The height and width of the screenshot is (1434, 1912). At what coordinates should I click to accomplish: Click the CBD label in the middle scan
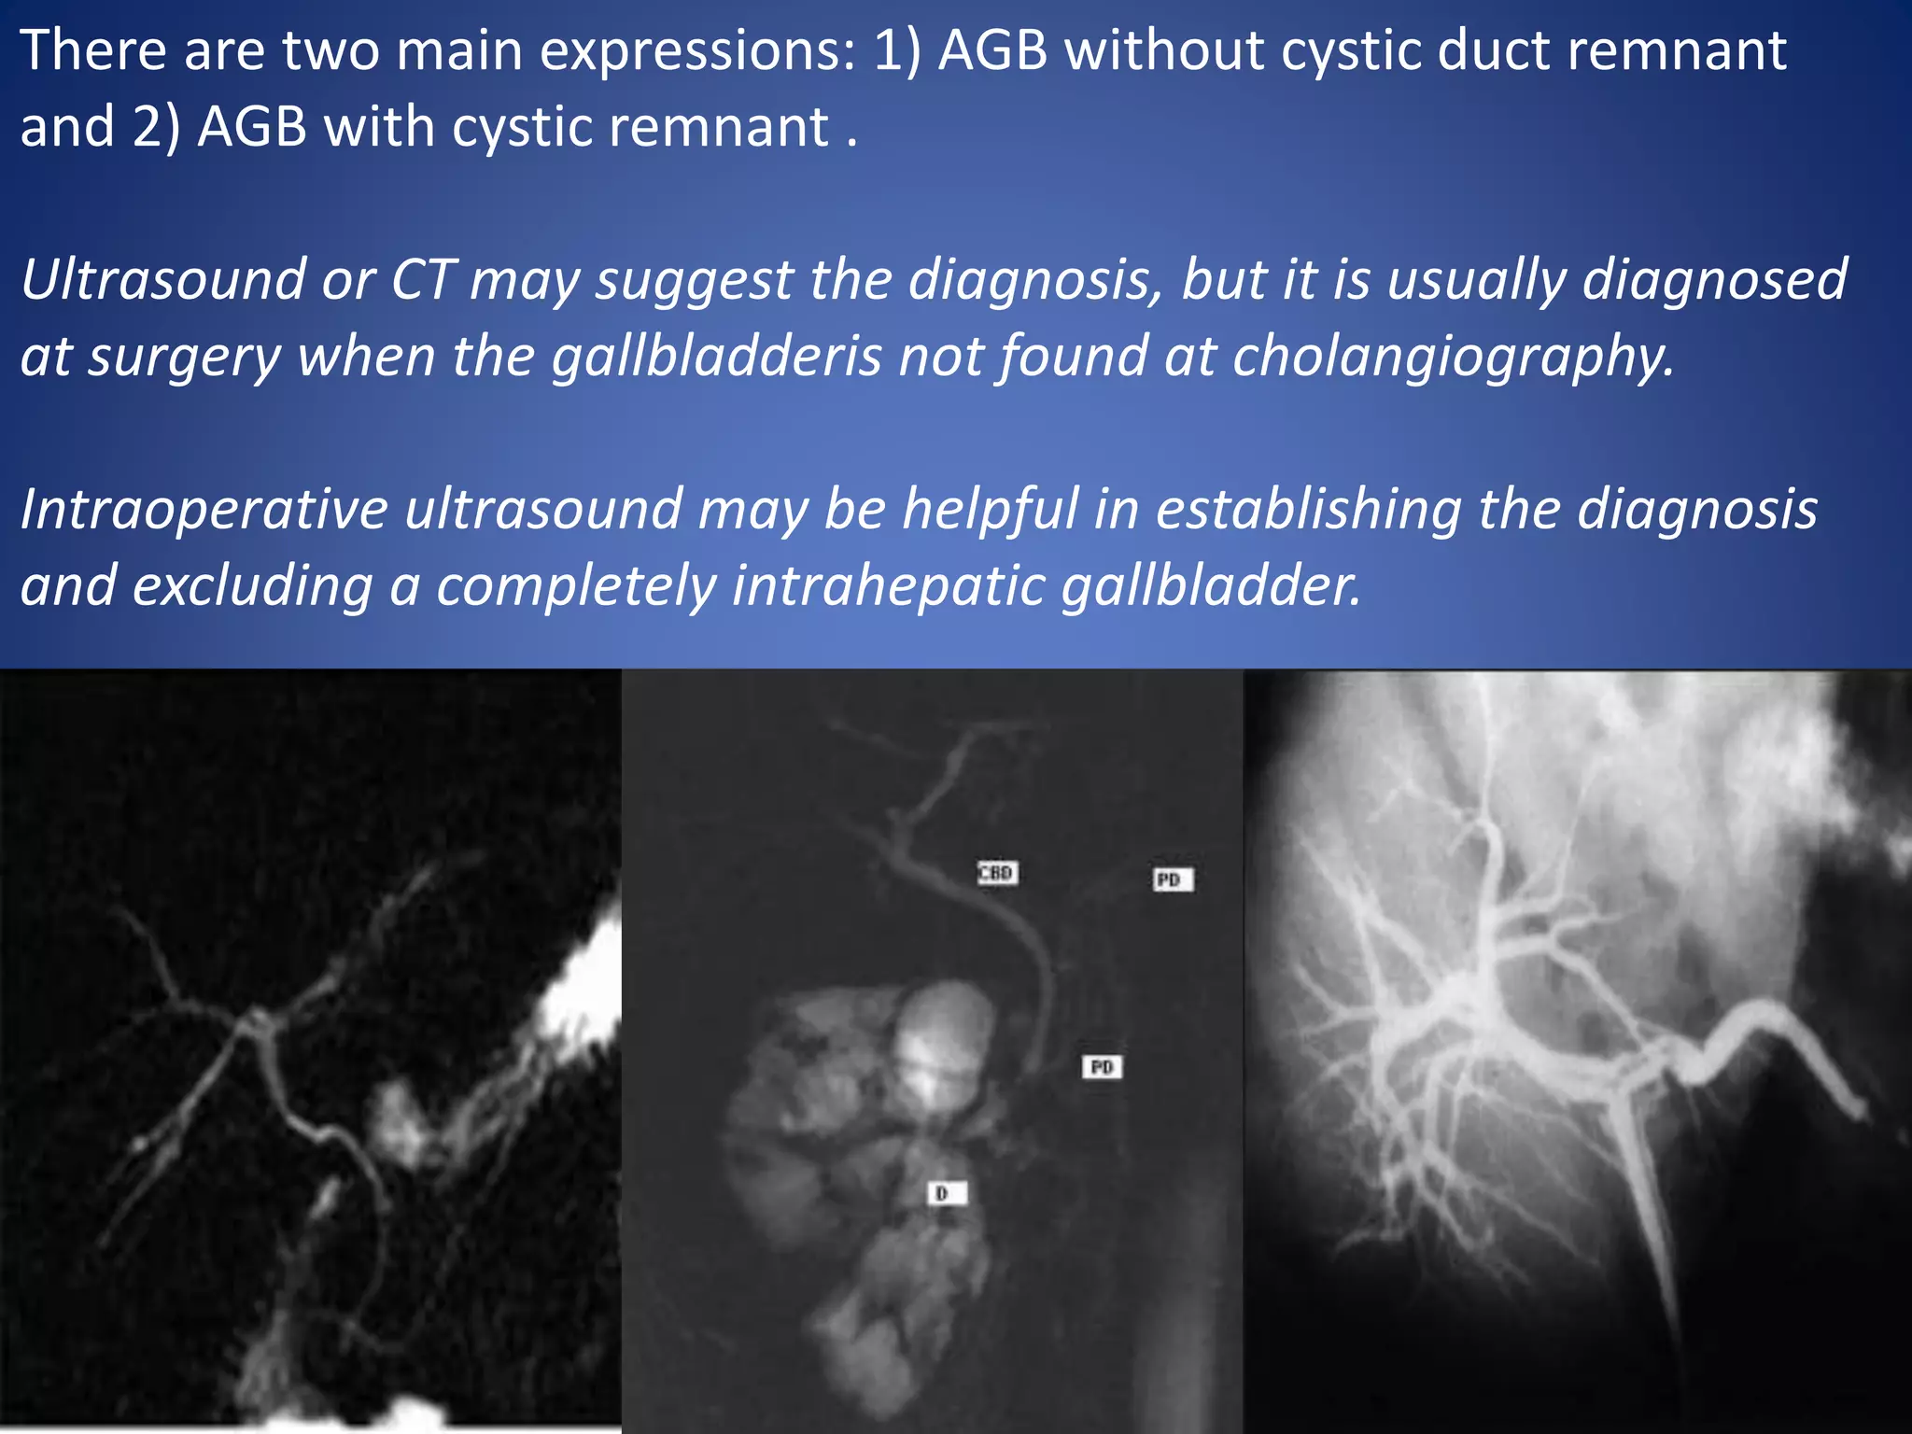click(997, 873)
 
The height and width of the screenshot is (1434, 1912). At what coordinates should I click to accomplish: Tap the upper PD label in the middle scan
click(1173, 879)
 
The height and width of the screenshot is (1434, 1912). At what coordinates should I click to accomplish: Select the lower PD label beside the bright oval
click(1103, 1066)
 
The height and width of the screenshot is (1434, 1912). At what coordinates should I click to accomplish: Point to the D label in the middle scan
click(946, 1193)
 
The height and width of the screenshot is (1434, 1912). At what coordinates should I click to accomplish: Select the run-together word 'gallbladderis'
click(716, 357)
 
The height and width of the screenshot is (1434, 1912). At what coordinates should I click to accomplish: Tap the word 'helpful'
click(991, 510)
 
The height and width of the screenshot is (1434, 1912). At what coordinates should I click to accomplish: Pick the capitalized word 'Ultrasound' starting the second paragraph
click(162, 280)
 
